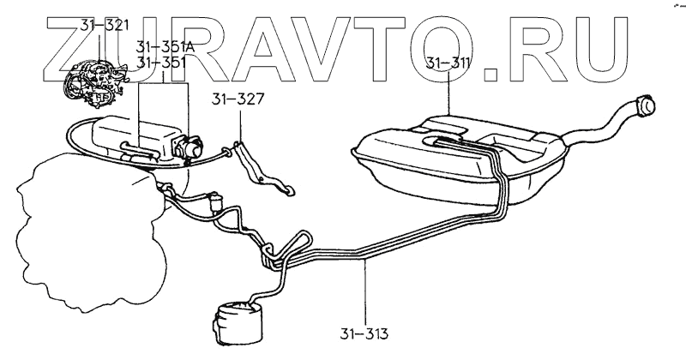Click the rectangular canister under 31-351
pyautogui.click(x=137, y=137)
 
